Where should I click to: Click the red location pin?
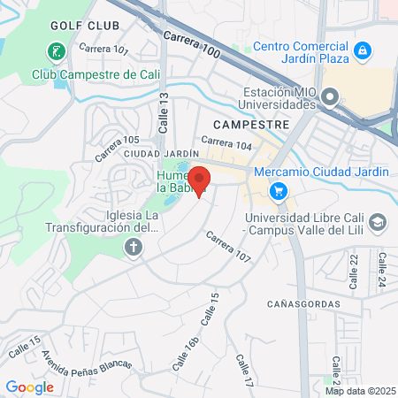(199, 180)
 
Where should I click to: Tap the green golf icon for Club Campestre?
(55, 52)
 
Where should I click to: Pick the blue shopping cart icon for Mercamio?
(279, 190)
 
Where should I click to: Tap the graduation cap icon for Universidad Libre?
(378, 221)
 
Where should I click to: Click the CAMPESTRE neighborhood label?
(251, 125)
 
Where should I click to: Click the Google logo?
(30, 387)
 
